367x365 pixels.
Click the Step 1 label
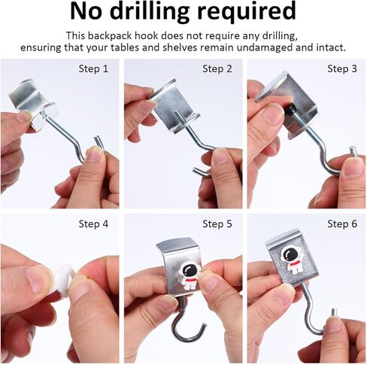tap(93, 68)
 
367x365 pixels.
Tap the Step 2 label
tap(217, 68)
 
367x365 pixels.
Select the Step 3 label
tap(342, 68)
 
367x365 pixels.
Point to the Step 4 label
tap(93, 224)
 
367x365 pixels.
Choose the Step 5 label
tap(217, 224)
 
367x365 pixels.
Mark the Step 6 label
tap(342, 224)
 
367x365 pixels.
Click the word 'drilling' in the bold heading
tap(149, 12)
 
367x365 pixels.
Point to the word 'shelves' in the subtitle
tap(180, 47)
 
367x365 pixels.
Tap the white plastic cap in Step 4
tap(62, 280)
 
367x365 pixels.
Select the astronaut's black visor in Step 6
tap(290, 254)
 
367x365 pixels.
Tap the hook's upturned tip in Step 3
tap(353, 151)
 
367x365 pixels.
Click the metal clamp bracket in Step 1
tap(34, 105)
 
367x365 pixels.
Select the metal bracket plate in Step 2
tap(174, 105)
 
